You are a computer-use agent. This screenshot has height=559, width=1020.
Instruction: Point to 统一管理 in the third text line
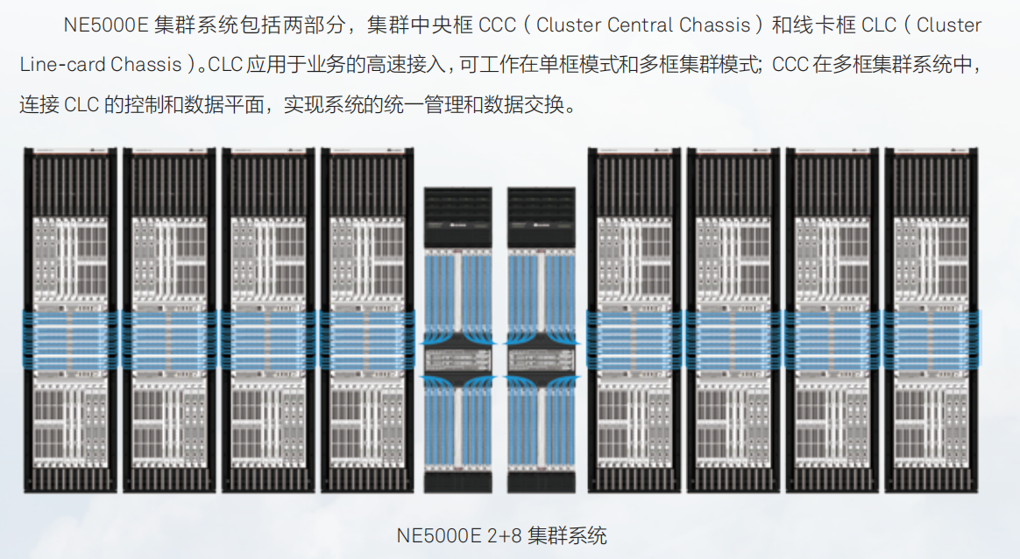click(x=439, y=105)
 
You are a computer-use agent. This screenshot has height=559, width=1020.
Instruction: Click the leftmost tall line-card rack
click(x=70, y=320)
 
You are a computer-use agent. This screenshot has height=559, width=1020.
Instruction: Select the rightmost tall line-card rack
click(x=931, y=320)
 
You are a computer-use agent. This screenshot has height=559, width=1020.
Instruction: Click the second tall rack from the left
click(x=169, y=320)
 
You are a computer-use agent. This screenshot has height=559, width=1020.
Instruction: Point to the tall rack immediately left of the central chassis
click(x=366, y=320)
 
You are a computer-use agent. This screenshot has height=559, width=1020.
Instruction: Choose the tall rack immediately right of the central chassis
click(x=634, y=320)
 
